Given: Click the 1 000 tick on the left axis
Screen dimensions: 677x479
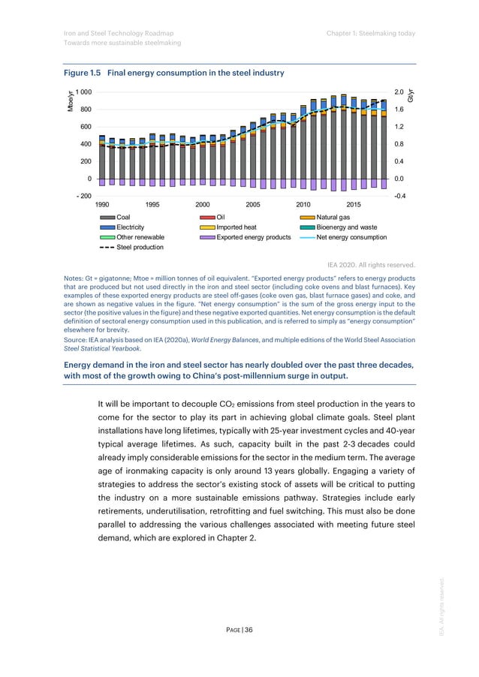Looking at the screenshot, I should (x=81, y=92).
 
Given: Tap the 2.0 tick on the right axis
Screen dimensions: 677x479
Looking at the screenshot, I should (x=399, y=92).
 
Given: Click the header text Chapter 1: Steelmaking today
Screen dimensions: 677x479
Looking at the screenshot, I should (x=371, y=32).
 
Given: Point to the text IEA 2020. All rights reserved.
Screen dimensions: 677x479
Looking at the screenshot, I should (x=371, y=264).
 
